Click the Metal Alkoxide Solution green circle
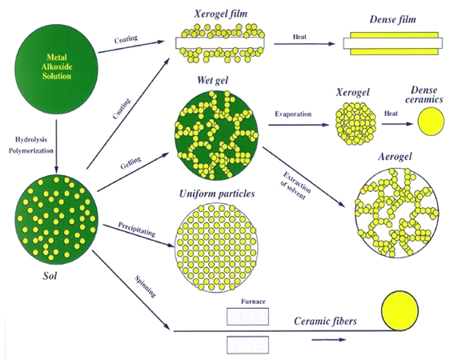[x=56, y=69]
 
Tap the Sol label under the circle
[x=50, y=276]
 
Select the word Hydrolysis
[x=31, y=139]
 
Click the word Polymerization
[x=31, y=150]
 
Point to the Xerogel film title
[x=221, y=14]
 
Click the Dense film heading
[x=393, y=20]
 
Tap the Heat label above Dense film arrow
[x=299, y=37]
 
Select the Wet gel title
[x=212, y=80]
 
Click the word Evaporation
[x=293, y=114]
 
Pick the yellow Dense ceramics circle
[x=431, y=122]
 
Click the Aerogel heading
[x=395, y=156]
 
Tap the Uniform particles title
[x=217, y=194]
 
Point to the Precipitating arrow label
[x=136, y=230]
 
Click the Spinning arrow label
[x=145, y=286]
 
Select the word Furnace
[x=253, y=302]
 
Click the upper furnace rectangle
[x=247, y=317]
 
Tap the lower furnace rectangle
[x=247, y=345]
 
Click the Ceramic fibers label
[x=325, y=321]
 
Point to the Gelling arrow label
[x=131, y=162]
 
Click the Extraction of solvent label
[x=295, y=186]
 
